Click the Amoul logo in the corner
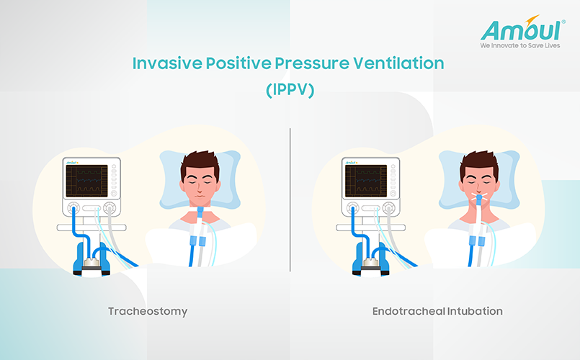click(x=522, y=32)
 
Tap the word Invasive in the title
click(x=167, y=63)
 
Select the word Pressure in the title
click(x=312, y=63)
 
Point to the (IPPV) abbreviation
click(x=290, y=90)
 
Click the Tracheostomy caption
click(x=148, y=311)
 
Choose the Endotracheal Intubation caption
click(x=437, y=311)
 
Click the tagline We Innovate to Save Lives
click(x=520, y=45)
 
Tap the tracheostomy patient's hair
click(x=200, y=163)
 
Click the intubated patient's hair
click(x=479, y=163)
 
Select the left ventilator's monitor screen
click(x=86, y=181)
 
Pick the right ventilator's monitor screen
click(x=366, y=181)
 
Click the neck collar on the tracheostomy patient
click(x=200, y=210)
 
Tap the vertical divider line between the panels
click(x=290, y=200)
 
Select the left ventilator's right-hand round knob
click(x=110, y=208)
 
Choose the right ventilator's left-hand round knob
click(x=352, y=208)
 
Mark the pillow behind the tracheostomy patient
click(x=200, y=179)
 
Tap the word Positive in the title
click(x=239, y=63)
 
